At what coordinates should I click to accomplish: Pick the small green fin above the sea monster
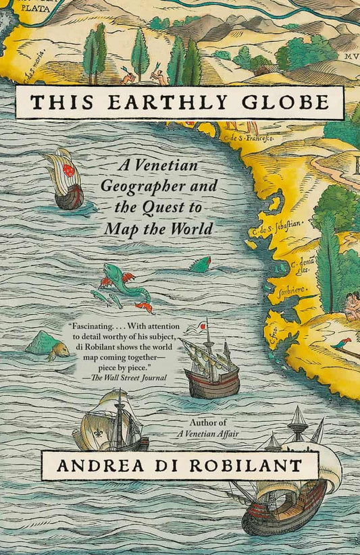[x=200, y=265]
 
